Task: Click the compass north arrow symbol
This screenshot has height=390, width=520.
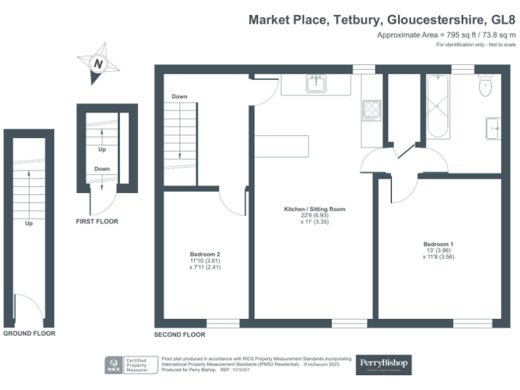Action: click(x=99, y=64)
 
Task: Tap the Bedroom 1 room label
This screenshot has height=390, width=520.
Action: click(x=438, y=244)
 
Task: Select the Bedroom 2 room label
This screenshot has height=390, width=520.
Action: click(x=205, y=255)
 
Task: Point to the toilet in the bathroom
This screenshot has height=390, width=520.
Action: click(x=485, y=86)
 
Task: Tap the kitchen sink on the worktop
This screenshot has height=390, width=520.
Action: click(x=316, y=85)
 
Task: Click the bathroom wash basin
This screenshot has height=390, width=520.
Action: click(x=492, y=126)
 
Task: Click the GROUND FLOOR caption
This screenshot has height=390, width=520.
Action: click(x=29, y=334)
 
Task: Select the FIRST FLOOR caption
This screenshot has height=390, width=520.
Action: click(x=97, y=221)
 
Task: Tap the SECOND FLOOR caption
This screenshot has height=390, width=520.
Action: click(x=179, y=334)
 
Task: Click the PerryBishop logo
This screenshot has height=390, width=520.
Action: click(x=384, y=364)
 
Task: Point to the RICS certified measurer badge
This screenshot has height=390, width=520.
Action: click(x=129, y=365)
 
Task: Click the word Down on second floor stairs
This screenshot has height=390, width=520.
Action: click(x=179, y=96)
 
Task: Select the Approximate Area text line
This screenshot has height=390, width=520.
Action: click(x=446, y=35)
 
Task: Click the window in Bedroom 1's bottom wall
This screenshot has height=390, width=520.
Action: click(x=472, y=323)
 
